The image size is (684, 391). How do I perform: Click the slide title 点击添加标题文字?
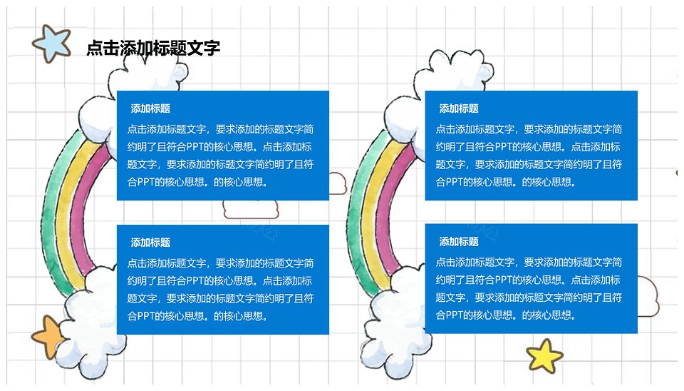(153, 48)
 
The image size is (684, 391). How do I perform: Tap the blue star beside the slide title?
(52, 44)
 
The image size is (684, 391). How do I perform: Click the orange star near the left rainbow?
(48, 337)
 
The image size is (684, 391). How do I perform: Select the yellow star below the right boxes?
(544, 355)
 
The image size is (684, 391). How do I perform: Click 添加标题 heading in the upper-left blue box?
(150, 108)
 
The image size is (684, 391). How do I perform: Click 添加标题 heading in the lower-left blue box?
(150, 243)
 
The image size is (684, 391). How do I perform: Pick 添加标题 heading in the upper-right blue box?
(459, 108)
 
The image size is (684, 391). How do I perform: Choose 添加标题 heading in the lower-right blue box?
(459, 242)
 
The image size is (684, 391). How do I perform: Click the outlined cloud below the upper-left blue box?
(251, 209)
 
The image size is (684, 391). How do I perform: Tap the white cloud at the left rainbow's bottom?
(90, 323)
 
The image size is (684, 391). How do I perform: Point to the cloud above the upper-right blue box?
(454, 70)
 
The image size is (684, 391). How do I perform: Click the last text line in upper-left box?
(197, 182)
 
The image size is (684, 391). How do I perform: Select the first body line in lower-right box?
(529, 262)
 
